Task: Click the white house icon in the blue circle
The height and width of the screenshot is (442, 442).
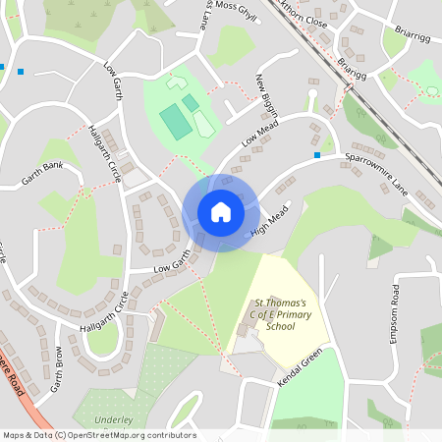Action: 220,212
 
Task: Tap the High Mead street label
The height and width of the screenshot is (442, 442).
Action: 272,225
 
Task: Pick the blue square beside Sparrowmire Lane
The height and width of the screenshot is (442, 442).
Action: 317,155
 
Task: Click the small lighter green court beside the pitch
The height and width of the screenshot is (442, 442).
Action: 190,101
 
